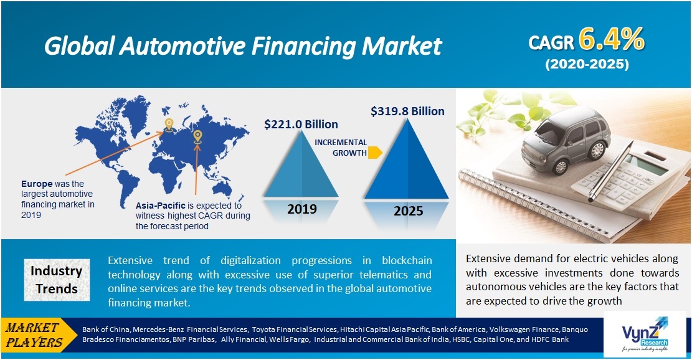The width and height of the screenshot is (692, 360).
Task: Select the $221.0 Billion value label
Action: tap(301, 124)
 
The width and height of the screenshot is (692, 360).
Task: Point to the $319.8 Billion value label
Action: tap(407, 111)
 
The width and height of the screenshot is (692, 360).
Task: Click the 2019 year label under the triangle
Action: tap(302, 209)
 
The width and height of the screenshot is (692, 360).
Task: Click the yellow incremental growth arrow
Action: tap(375, 153)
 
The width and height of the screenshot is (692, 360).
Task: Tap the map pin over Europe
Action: tap(169, 125)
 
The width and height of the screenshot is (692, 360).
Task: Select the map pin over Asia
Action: tap(197, 135)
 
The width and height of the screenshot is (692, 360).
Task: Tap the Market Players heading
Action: tap(37, 335)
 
